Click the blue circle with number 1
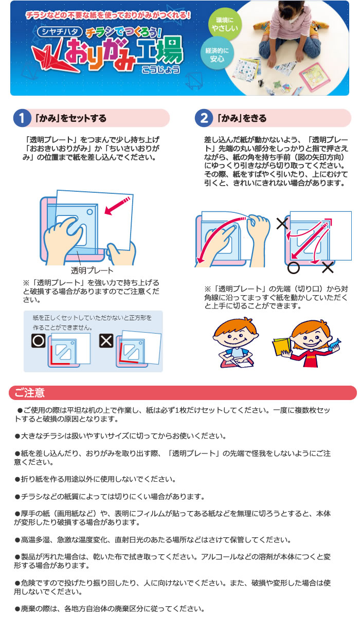(22, 118)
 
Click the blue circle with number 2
(204, 118)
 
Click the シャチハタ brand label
(60, 32)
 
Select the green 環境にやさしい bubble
(224, 24)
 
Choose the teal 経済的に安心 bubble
(217, 55)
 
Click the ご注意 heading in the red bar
(29, 392)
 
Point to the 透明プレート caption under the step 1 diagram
(92, 270)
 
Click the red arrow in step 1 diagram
(117, 206)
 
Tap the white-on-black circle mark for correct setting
(39, 341)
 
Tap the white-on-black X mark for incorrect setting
(106, 341)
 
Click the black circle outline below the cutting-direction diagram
(294, 268)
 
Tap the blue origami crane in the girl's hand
(334, 344)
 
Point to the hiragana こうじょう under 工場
(161, 69)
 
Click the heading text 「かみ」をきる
(242, 118)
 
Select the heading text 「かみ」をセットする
(71, 118)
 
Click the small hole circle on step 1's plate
(90, 212)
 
